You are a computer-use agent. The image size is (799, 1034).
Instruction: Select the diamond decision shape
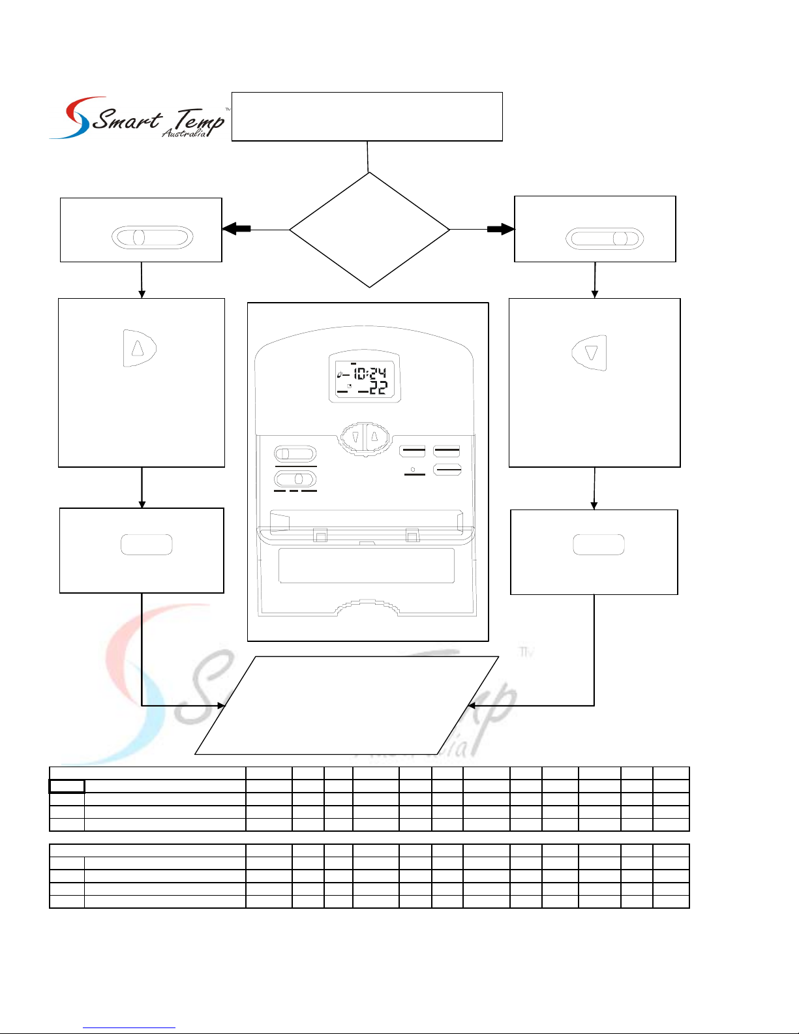(370, 230)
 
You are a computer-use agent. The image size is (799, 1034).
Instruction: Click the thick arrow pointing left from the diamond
(236, 229)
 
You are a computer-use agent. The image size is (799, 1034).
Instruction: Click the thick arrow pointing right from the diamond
(501, 230)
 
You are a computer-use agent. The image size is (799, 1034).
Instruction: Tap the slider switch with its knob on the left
(152, 237)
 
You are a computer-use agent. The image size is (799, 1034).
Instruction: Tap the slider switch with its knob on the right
(605, 239)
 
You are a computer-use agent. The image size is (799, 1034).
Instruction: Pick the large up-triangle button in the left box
(140, 348)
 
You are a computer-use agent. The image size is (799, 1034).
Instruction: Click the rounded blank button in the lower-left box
(147, 544)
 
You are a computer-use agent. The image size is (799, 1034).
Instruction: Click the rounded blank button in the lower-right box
(599, 544)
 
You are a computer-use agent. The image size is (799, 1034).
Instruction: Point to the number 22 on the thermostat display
(378, 388)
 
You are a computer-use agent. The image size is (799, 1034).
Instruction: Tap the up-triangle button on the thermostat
(376, 436)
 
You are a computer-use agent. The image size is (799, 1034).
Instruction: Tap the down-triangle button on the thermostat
(354, 436)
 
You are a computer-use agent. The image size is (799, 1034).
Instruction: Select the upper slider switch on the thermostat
(295, 453)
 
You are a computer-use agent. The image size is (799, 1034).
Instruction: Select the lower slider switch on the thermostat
(295, 479)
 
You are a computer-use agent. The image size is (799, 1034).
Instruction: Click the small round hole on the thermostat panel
(412, 470)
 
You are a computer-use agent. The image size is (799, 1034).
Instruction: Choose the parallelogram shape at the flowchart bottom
(347, 705)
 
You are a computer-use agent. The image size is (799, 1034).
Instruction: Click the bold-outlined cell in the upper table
(67, 787)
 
